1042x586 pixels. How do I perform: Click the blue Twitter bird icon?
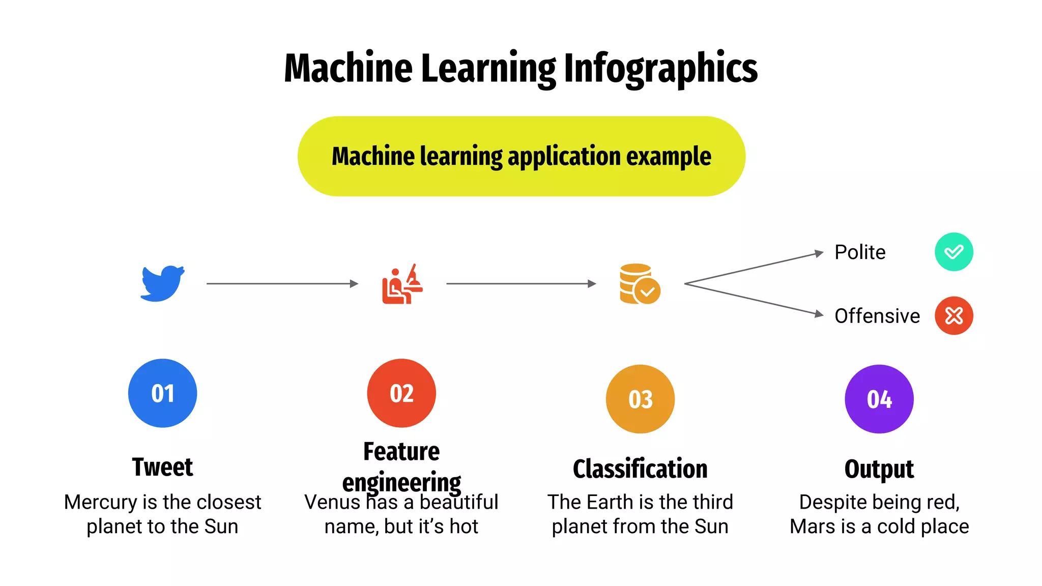click(162, 283)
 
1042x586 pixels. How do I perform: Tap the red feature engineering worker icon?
click(402, 284)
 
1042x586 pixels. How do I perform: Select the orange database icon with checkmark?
click(640, 284)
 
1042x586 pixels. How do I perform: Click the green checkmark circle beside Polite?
click(953, 252)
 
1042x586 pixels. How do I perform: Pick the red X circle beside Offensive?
click(953, 315)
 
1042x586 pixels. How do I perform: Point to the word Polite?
click(860, 252)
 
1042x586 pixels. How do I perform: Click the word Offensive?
click(877, 316)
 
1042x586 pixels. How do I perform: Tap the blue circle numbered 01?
click(162, 393)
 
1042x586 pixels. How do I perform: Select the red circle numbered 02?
click(401, 393)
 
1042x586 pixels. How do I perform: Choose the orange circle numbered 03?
click(640, 399)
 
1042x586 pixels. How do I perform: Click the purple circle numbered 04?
click(879, 399)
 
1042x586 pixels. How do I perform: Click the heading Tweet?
click(162, 467)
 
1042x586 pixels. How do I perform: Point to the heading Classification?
click(640, 469)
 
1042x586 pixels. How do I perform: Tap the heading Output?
click(879, 469)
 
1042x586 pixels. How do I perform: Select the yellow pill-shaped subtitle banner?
click(521, 156)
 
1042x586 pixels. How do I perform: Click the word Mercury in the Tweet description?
click(100, 503)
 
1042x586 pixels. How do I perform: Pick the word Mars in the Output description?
click(811, 526)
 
